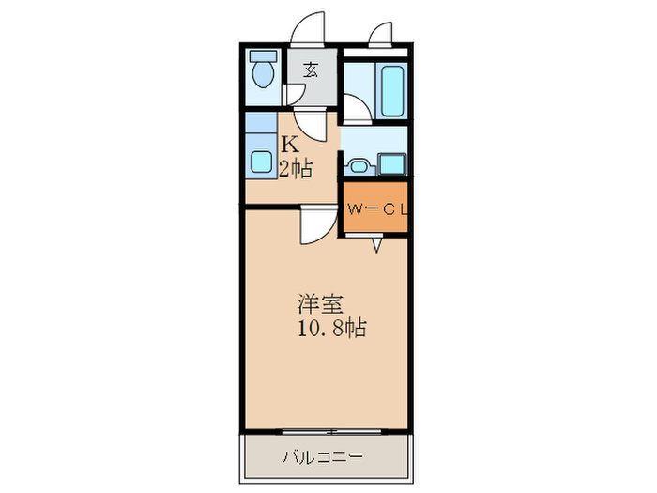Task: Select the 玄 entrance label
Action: point(310,68)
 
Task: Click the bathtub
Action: point(391,91)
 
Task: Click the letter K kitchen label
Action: point(291,146)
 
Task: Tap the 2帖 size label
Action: point(295,169)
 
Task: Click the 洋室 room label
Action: point(320,305)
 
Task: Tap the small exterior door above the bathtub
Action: point(382,35)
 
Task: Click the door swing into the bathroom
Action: point(356,109)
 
